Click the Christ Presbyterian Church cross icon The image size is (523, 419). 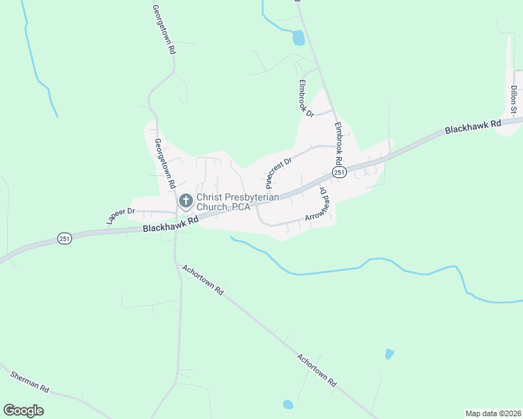pyautogui.click(x=185, y=201)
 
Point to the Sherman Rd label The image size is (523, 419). pyautogui.click(x=29, y=381)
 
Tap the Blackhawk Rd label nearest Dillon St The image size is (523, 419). pyautogui.click(x=473, y=127)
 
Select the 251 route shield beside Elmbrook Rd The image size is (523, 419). pyautogui.click(x=339, y=172)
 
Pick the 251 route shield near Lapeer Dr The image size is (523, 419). pyautogui.click(x=64, y=239)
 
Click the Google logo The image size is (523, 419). pyautogui.click(x=23, y=411)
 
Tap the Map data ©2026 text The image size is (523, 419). pyautogui.click(x=492, y=413)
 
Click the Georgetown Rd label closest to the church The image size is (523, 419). pyautogui.click(x=164, y=164)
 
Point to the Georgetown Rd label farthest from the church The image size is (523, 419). pyautogui.click(x=163, y=30)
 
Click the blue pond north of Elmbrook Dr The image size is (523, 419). pyautogui.click(x=299, y=38)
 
